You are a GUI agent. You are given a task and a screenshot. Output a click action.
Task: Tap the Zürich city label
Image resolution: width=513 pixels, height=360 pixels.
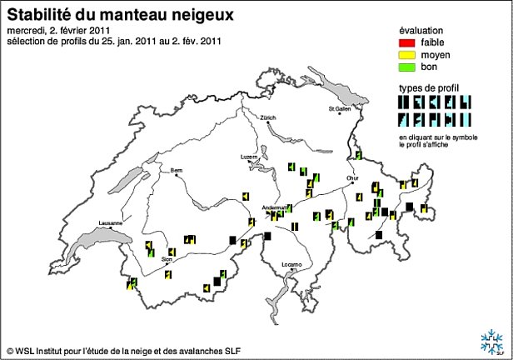(267, 117)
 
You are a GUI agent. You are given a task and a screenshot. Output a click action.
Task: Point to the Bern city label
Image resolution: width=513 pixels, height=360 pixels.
(176, 171)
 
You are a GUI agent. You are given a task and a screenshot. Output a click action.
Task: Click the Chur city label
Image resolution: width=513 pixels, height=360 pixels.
(352, 177)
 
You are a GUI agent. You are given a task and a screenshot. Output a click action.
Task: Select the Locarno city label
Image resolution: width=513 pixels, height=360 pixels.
(291, 264)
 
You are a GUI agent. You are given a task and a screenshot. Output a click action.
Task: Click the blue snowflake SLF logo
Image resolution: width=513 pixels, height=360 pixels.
(490, 340)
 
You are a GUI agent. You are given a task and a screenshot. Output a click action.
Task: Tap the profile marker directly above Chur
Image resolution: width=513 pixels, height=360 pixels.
(358, 155)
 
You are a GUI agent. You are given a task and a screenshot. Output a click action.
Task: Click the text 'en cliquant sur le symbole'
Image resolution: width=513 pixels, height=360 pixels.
(433, 136)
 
